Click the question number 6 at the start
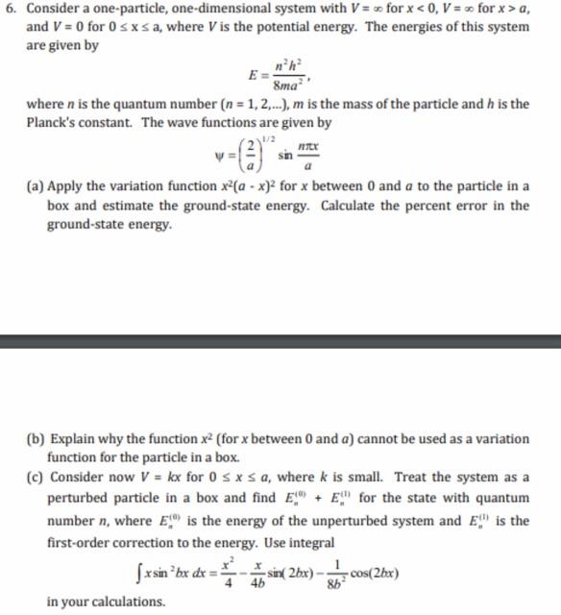[x=10, y=12]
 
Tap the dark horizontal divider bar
[x=280, y=340]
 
